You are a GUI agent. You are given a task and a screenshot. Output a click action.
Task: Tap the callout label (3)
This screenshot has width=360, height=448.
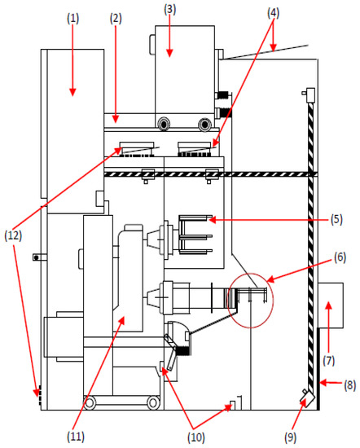pos(169,10)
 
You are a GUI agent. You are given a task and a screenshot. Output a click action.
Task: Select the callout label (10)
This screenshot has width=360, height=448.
pos(199,438)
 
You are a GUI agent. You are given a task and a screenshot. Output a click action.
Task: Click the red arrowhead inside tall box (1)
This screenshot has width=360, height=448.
pos(72,90)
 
